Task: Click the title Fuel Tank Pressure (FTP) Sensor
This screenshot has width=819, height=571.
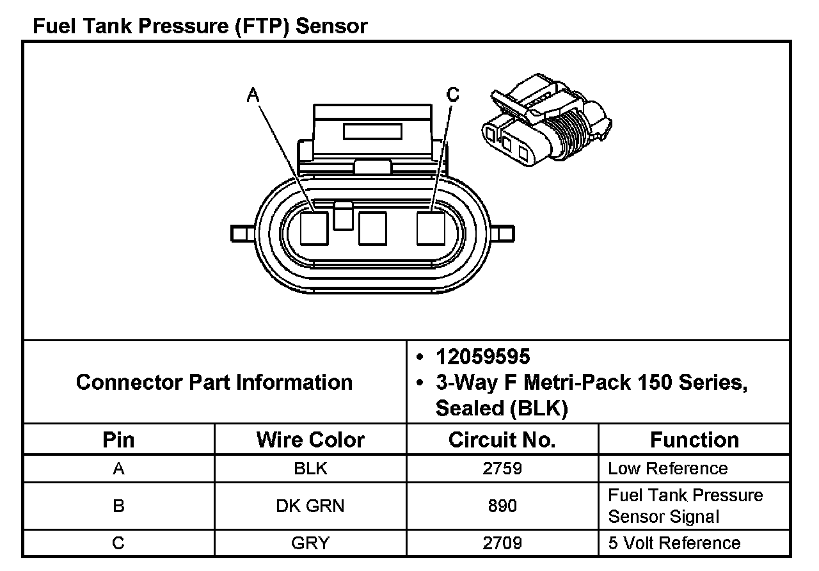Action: pos(200,26)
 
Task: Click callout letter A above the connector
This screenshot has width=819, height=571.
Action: pos(253,95)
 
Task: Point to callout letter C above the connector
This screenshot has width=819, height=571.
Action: pos(453,95)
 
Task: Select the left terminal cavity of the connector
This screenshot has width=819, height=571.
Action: pos(314,228)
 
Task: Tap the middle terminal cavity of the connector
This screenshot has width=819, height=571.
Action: pos(372,229)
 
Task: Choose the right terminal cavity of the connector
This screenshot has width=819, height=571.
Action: pos(431,228)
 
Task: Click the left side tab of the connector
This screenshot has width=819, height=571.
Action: pos(242,233)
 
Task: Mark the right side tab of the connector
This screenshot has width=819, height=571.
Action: pos(503,233)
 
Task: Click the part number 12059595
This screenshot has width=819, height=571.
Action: pos(482,357)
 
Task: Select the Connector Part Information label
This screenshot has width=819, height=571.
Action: pos(214,382)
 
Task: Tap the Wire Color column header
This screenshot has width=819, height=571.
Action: pos(310,440)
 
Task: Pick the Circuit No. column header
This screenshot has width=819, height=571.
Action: pos(502,440)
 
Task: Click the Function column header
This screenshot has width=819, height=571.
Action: pos(694,440)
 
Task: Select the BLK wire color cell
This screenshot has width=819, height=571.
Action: pos(310,469)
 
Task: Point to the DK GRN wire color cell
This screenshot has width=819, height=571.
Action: pos(310,506)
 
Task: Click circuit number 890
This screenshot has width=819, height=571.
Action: pos(502,506)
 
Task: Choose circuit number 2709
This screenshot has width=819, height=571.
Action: pos(502,543)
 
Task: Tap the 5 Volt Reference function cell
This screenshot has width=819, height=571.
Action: pos(674,543)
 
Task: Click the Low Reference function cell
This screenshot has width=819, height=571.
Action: pos(667,469)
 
